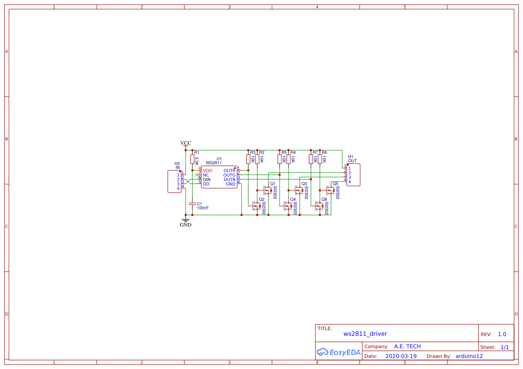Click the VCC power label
pos(186,143)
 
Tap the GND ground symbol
pos(186,221)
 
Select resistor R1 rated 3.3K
pos(192,159)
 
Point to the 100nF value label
pos(203,208)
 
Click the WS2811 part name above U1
pos(213,163)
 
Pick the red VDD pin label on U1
pos(208,171)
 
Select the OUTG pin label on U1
pos(229,175)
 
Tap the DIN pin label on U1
pos(207,180)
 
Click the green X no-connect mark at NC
pos(197,174)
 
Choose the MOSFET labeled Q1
pos(268,191)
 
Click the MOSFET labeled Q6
pos(319,206)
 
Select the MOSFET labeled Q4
pos(288,206)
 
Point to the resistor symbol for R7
pos(311,159)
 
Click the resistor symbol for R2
pos(257,159)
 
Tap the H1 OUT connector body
pos(353,175)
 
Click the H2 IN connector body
pos(174,181)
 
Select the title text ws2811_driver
pos(365,334)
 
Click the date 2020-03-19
pos(401,356)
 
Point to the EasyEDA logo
pos(339,352)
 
